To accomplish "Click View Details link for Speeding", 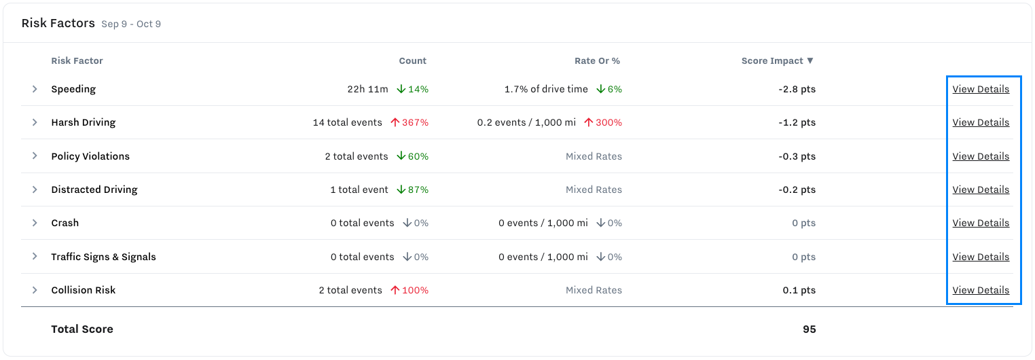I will point(980,89).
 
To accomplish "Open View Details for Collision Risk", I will point(980,290).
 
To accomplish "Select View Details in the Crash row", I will point(980,223).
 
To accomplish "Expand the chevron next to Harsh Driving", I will point(35,122).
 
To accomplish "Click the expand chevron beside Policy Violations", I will point(35,156).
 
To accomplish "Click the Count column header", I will point(412,60).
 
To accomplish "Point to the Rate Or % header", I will point(597,60).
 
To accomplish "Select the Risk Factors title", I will point(58,23).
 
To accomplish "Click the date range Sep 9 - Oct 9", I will point(131,24).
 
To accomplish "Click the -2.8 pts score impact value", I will point(797,89).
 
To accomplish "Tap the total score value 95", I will point(809,329).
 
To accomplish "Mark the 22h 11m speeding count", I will point(367,89).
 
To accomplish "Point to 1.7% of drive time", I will point(546,89).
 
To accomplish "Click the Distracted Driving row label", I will point(94,190).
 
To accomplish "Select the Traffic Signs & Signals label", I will point(103,257).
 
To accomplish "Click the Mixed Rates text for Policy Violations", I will point(594,156).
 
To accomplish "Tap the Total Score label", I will point(82,329).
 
